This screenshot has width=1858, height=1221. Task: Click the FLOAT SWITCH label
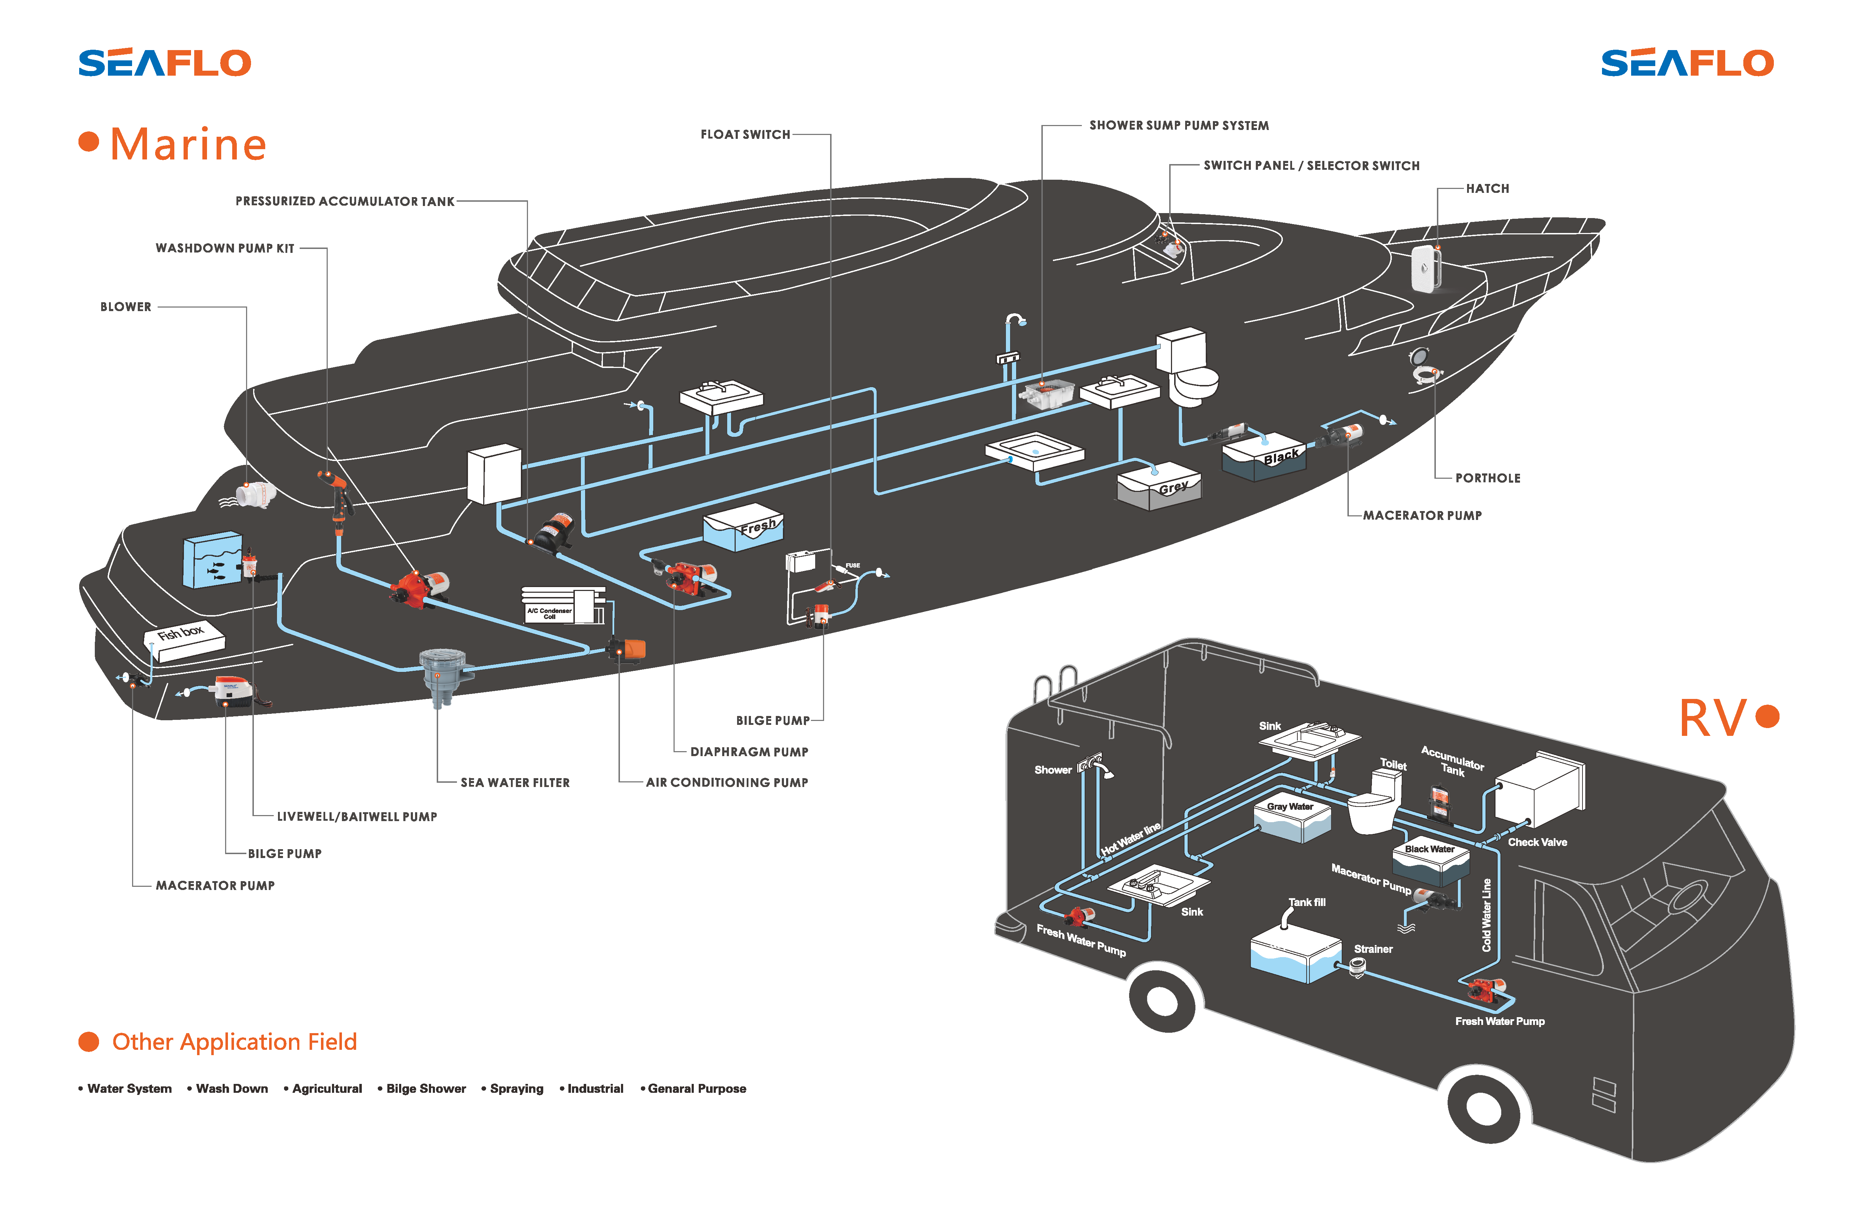tap(745, 134)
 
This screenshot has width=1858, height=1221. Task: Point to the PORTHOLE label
tap(1487, 479)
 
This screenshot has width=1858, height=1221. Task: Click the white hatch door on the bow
tap(1426, 268)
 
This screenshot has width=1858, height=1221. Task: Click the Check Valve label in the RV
tap(1536, 842)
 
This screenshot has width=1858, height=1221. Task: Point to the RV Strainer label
tap(1372, 949)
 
